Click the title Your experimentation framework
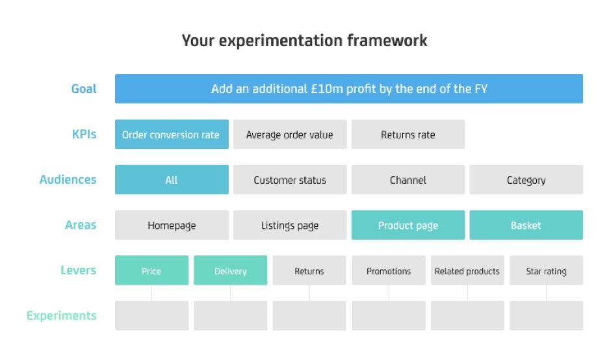304,41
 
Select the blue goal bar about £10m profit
349,88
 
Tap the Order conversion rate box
172,135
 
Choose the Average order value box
290,135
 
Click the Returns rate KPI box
408,135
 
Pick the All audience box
172,180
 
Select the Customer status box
290,180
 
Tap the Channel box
408,180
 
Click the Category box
526,180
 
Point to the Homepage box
172,225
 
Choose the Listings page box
290,225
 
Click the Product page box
408,225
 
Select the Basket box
526,225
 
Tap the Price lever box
151,270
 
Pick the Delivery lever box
230,270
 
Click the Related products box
467,270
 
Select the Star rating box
546,270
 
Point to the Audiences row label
68,180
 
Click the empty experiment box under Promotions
389,316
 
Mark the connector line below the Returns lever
309,293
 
